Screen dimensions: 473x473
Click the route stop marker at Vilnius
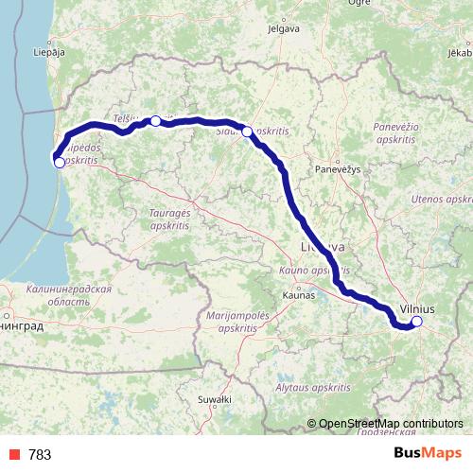click(x=416, y=322)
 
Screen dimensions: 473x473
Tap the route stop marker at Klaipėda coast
click(x=60, y=163)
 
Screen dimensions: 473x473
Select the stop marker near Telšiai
click(x=156, y=121)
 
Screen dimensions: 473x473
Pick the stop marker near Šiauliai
click(x=247, y=132)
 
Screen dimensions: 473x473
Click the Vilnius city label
click(x=417, y=308)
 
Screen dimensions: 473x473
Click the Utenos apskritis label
click(x=442, y=201)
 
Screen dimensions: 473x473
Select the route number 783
click(x=41, y=455)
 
